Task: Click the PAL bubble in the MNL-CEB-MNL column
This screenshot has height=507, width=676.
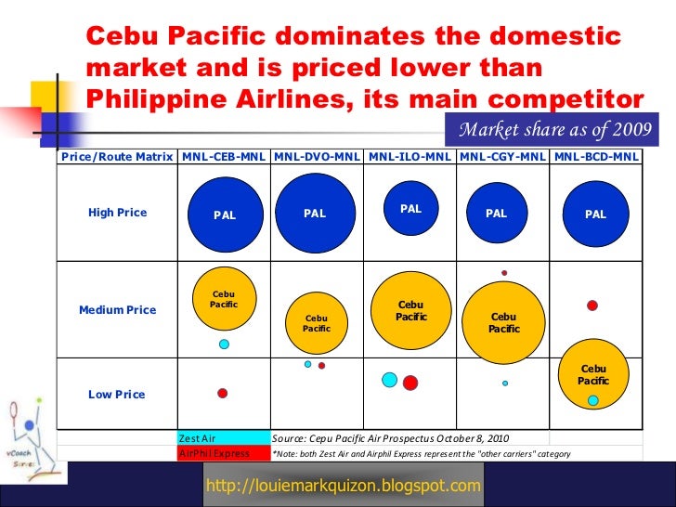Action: tap(225, 214)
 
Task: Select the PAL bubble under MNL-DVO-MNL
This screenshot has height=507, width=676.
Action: tap(315, 214)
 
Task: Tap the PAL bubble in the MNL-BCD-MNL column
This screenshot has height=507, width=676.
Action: tap(595, 214)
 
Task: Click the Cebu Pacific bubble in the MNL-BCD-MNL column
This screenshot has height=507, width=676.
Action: tap(592, 375)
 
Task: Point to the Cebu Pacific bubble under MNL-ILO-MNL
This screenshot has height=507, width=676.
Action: tap(410, 311)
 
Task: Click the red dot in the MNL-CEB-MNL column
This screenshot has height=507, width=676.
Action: tap(223, 394)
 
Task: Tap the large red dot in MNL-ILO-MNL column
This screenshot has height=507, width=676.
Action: tap(410, 383)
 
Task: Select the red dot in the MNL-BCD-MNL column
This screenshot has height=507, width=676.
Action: tap(591, 305)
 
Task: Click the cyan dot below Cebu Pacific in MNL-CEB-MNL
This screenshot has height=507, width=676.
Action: tap(224, 344)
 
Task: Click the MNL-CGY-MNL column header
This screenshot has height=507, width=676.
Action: tap(503, 157)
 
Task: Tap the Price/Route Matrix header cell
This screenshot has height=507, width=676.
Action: tap(117, 157)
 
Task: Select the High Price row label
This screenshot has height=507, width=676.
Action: tap(117, 213)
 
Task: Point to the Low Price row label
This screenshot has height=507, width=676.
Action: tap(117, 395)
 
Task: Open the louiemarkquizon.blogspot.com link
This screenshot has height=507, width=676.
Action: tap(344, 486)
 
